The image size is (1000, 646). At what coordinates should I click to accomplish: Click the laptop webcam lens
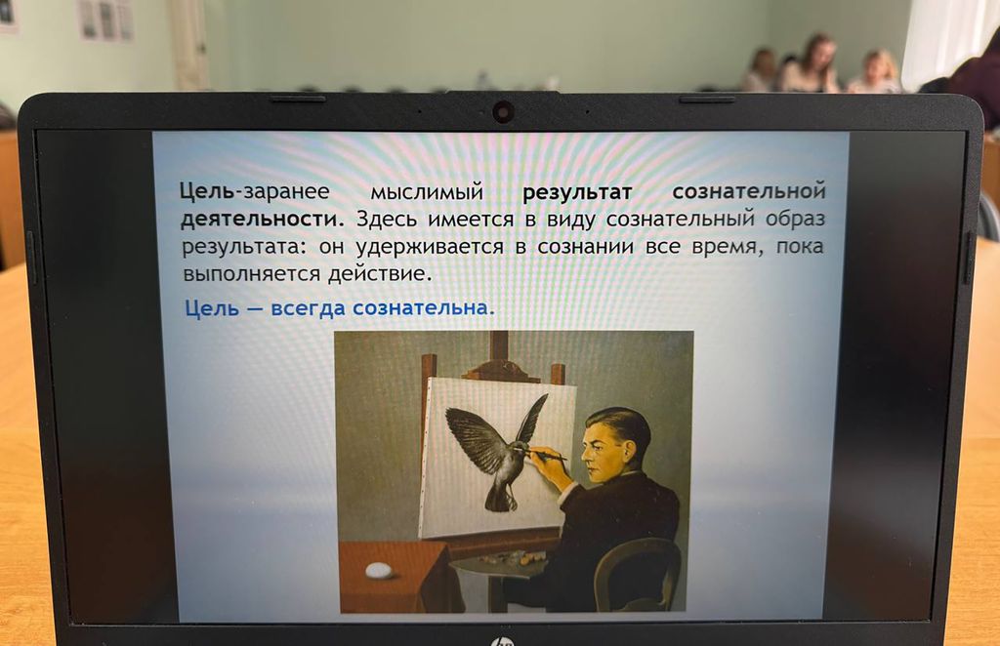[x=503, y=112]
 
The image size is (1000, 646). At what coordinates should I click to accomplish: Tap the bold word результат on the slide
[x=577, y=192]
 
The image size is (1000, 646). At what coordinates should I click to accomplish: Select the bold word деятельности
[x=262, y=219]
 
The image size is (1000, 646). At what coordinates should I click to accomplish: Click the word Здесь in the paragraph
[x=386, y=220]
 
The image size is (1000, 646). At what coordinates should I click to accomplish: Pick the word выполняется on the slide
[x=251, y=274]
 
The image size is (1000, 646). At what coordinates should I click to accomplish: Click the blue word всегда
[x=308, y=309]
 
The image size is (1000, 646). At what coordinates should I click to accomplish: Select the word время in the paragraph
[x=727, y=247]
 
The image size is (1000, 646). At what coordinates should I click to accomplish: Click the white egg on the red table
[x=379, y=569]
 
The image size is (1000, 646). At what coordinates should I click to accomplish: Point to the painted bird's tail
[x=500, y=499]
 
